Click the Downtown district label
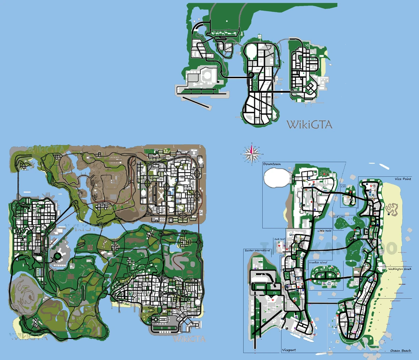pos(272,164)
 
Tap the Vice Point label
pos(403,179)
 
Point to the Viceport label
pos(289,350)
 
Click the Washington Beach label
pos(400,269)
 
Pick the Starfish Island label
pos(317,262)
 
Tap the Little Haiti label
pos(325,231)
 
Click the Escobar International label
pos(257,250)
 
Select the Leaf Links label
pos(339,217)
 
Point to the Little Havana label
pos(296,294)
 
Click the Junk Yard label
pos(280,239)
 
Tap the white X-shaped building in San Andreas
pos(161,195)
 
